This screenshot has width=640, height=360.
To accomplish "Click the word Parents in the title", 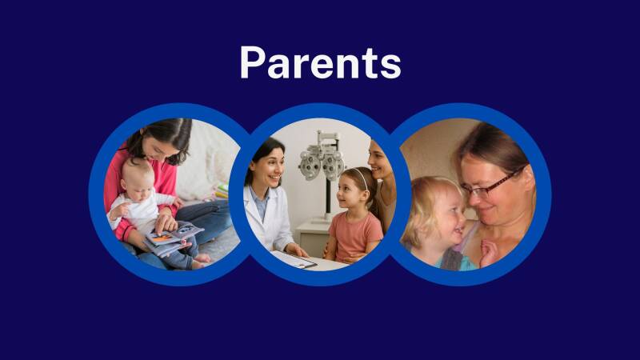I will pos(320,62).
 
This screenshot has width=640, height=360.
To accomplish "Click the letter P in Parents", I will pos(254,62).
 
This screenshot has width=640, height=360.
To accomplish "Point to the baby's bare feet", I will pos(199,258).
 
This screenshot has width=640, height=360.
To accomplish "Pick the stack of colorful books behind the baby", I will pos(221,191).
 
